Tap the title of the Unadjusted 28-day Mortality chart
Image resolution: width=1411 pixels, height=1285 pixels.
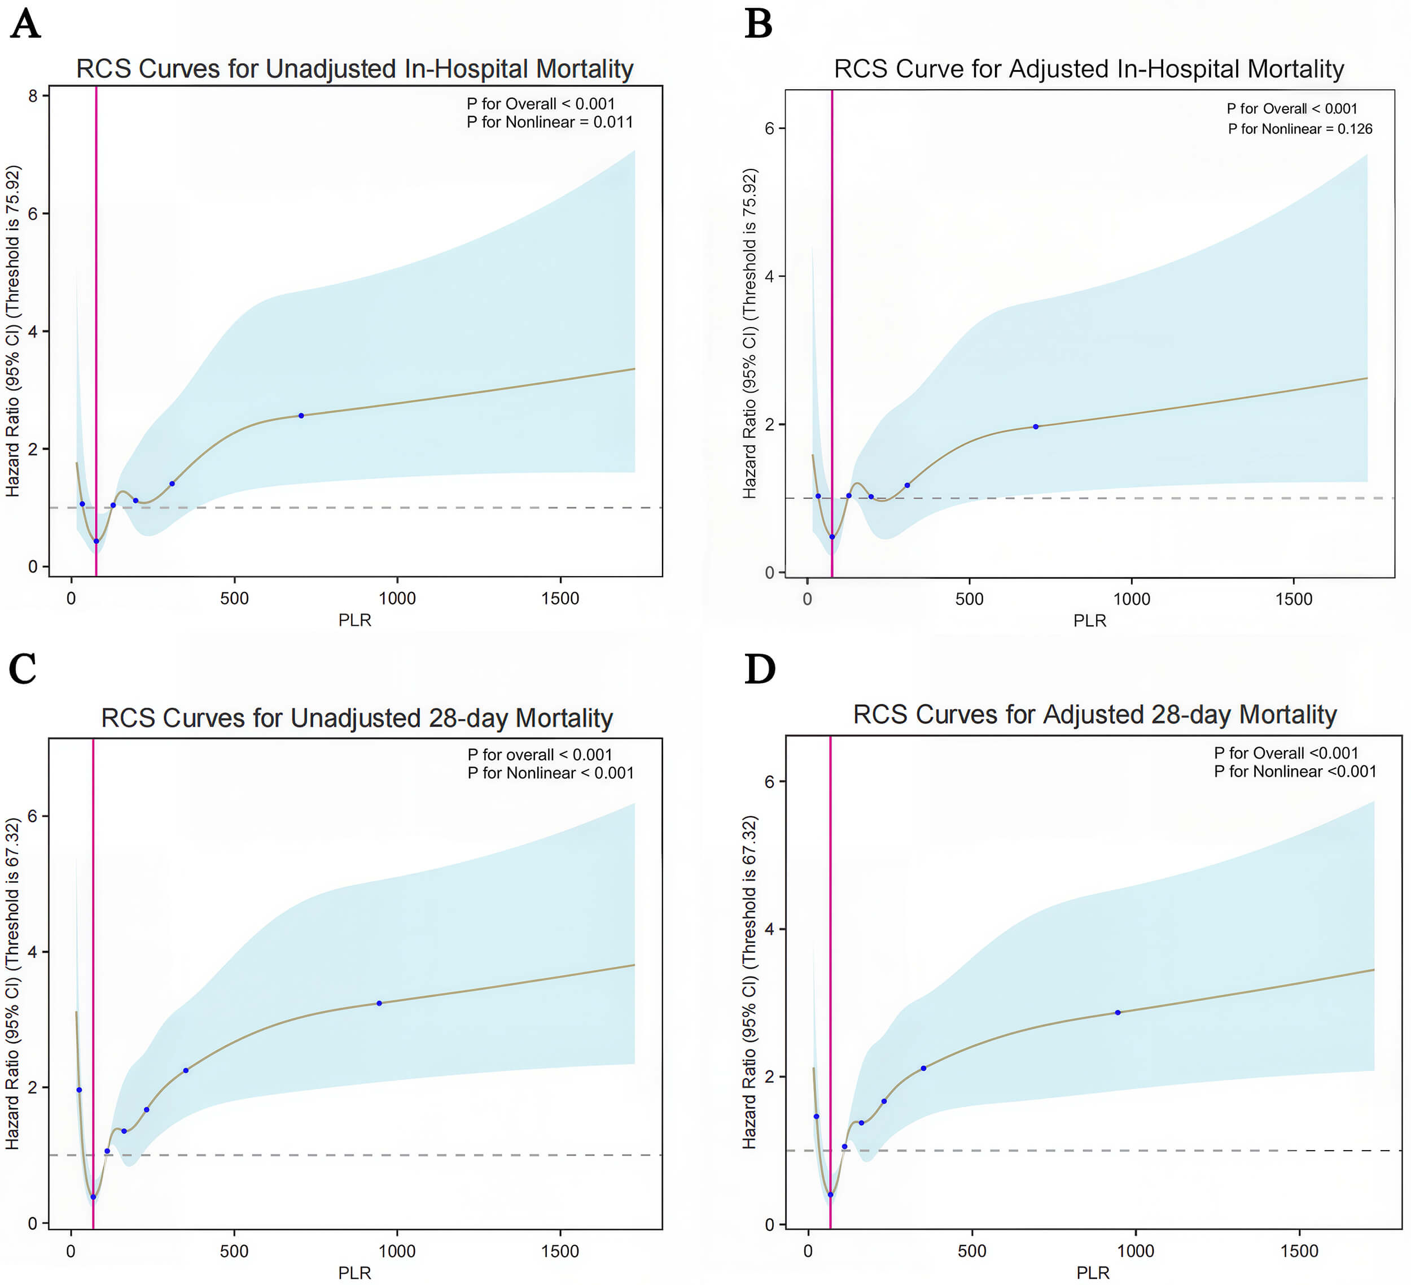(x=357, y=718)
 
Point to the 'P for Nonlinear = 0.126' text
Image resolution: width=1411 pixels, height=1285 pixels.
(x=1300, y=129)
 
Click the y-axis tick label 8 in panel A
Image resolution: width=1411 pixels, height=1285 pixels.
(x=33, y=96)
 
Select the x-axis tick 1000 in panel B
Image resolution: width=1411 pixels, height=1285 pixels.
(x=1132, y=599)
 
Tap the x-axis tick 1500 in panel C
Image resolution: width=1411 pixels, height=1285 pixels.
(x=560, y=1251)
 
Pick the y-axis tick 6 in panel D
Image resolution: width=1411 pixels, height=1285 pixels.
(x=770, y=782)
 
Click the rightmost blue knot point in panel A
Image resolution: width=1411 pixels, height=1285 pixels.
(x=301, y=416)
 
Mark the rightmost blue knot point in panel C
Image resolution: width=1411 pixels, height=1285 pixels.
(x=379, y=1004)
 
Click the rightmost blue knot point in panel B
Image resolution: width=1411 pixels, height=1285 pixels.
(x=1036, y=426)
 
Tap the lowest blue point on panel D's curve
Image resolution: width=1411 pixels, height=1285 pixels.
(x=831, y=1195)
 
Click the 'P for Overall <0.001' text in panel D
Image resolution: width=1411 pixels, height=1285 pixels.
(x=1286, y=753)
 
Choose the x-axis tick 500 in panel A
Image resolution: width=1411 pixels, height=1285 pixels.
(x=234, y=599)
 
